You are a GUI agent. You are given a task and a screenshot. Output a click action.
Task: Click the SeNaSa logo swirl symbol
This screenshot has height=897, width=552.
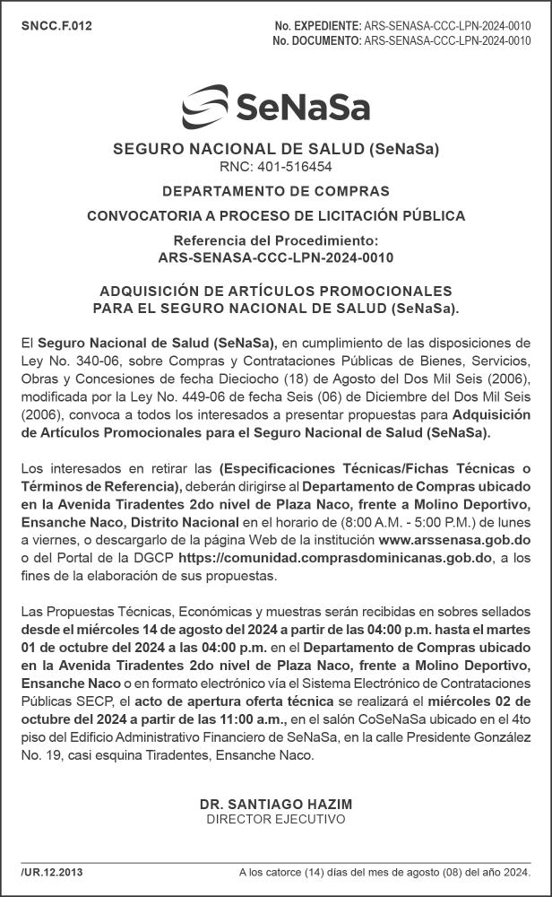pyautogui.click(x=205, y=107)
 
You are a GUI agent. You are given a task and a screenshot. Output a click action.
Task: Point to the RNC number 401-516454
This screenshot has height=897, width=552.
pyautogui.click(x=276, y=167)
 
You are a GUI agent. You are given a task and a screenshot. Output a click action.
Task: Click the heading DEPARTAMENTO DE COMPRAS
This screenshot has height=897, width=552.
pyautogui.click(x=276, y=191)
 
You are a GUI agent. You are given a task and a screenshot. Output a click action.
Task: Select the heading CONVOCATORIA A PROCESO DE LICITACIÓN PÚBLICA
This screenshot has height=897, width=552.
pyautogui.click(x=276, y=216)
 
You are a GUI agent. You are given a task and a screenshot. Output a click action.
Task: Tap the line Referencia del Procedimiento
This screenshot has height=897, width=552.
pyautogui.click(x=276, y=241)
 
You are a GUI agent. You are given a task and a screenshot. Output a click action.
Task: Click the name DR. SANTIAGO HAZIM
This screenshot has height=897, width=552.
pyautogui.click(x=276, y=805)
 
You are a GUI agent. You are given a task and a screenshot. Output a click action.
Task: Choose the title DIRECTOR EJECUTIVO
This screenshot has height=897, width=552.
pyautogui.click(x=276, y=819)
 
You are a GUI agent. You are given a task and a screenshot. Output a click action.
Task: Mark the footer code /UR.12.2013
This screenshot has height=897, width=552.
pyautogui.click(x=52, y=872)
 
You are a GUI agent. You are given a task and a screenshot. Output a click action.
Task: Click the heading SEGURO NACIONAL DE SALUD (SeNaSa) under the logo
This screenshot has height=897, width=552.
pyautogui.click(x=276, y=149)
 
